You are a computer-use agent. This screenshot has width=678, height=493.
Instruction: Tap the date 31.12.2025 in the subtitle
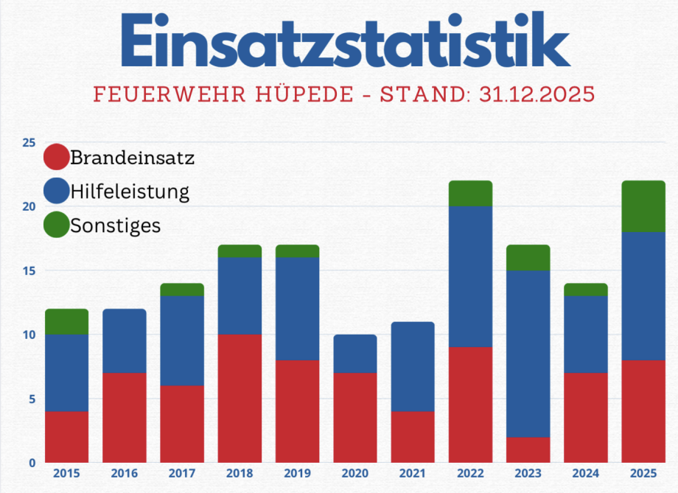click(x=528, y=95)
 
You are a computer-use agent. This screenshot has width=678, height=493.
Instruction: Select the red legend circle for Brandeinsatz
click(x=57, y=156)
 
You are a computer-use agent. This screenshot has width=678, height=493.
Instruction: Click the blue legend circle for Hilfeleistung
click(x=57, y=191)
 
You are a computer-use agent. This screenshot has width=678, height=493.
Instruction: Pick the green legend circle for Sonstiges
click(x=57, y=225)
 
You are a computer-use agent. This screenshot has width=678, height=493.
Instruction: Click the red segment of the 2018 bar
click(x=240, y=398)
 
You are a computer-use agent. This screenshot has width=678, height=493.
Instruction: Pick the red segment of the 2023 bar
click(x=528, y=450)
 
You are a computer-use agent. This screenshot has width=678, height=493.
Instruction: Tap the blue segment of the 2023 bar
click(x=528, y=354)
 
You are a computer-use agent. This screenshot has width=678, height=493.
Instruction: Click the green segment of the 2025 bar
click(x=644, y=206)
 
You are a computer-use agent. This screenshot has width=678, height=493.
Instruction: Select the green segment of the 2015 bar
click(x=66, y=321)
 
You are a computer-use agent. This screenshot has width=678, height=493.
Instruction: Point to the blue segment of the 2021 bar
click(x=413, y=366)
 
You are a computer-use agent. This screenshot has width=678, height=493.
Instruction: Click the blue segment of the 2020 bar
click(x=354, y=354)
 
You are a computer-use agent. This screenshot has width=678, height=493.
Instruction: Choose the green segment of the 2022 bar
click(x=470, y=193)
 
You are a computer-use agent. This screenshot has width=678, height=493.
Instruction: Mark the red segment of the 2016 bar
click(x=124, y=417)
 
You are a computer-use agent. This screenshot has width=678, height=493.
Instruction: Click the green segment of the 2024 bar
click(x=586, y=290)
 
